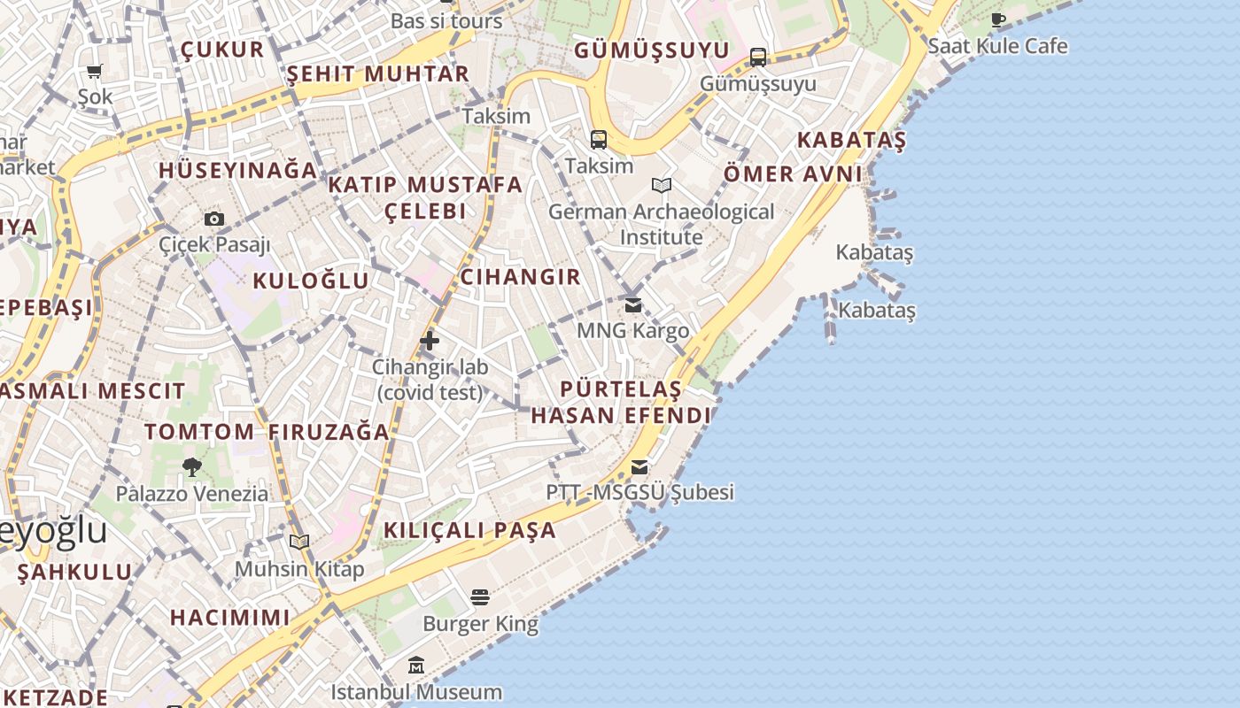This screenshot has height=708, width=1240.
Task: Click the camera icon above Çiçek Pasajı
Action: [213, 219]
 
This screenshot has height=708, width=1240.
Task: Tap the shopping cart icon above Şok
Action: [94, 71]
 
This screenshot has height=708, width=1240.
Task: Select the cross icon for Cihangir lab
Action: [430, 341]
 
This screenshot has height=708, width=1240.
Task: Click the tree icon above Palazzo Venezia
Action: [191, 467]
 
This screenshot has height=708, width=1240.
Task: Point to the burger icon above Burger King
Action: [480, 597]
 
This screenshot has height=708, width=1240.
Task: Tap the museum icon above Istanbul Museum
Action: [416, 665]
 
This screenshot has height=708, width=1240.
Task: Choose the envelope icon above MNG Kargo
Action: [632, 305]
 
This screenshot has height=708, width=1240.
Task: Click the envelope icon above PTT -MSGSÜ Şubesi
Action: [639, 467]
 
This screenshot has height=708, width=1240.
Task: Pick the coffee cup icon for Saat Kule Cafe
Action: [998, 19]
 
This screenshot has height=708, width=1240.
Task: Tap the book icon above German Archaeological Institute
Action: [661, 185]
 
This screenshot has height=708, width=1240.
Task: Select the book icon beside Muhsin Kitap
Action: [299, 542]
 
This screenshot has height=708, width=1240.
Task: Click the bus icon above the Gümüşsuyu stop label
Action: [758, 58]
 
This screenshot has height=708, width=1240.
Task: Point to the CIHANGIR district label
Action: [521, 277]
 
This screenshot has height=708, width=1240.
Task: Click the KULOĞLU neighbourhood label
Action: [311, 281]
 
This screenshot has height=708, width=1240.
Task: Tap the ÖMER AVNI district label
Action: [793, 174]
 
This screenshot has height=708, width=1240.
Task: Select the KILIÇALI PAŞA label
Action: [469, 531]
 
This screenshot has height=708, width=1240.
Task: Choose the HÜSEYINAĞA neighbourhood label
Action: [237, 170]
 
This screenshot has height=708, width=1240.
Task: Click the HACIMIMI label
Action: [229, 618]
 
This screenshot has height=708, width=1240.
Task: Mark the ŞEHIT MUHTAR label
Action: [377, 74]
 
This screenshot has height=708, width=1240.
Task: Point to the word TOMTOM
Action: [199, 432]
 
